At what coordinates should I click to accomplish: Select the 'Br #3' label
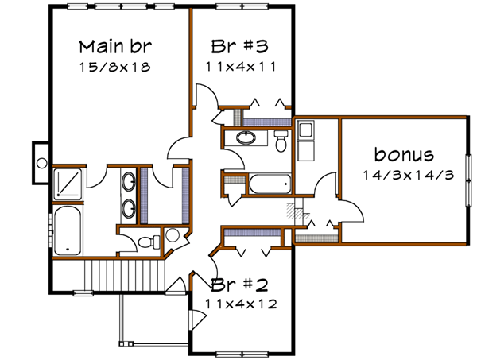coord(238,45)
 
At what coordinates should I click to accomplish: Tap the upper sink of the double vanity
coord(128,181)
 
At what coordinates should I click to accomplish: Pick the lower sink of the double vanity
coord(128,211)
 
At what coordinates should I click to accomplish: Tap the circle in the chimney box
coord(41,161)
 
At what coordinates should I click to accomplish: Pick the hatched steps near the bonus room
coord(295,212)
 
